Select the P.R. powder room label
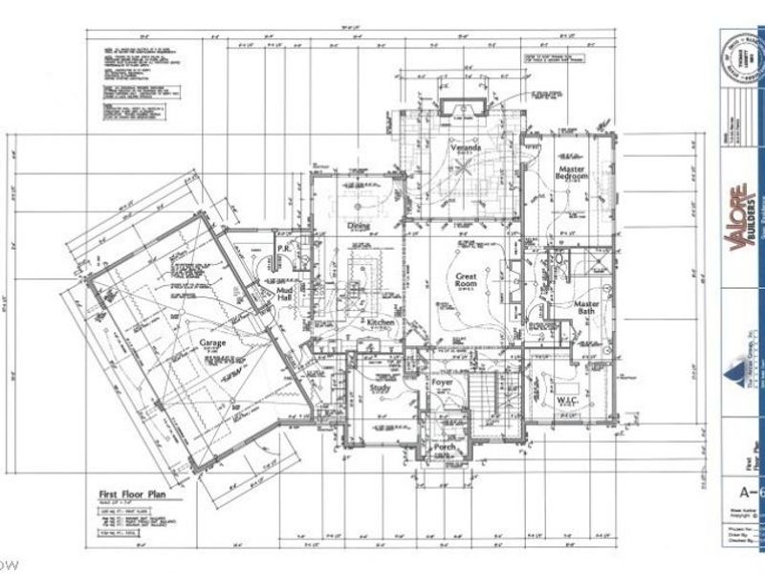click(x=283, y=249)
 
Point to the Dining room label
click(x=359, y=227)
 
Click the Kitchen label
click(x=381, y=324)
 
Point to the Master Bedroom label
click(x=573, y=175)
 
